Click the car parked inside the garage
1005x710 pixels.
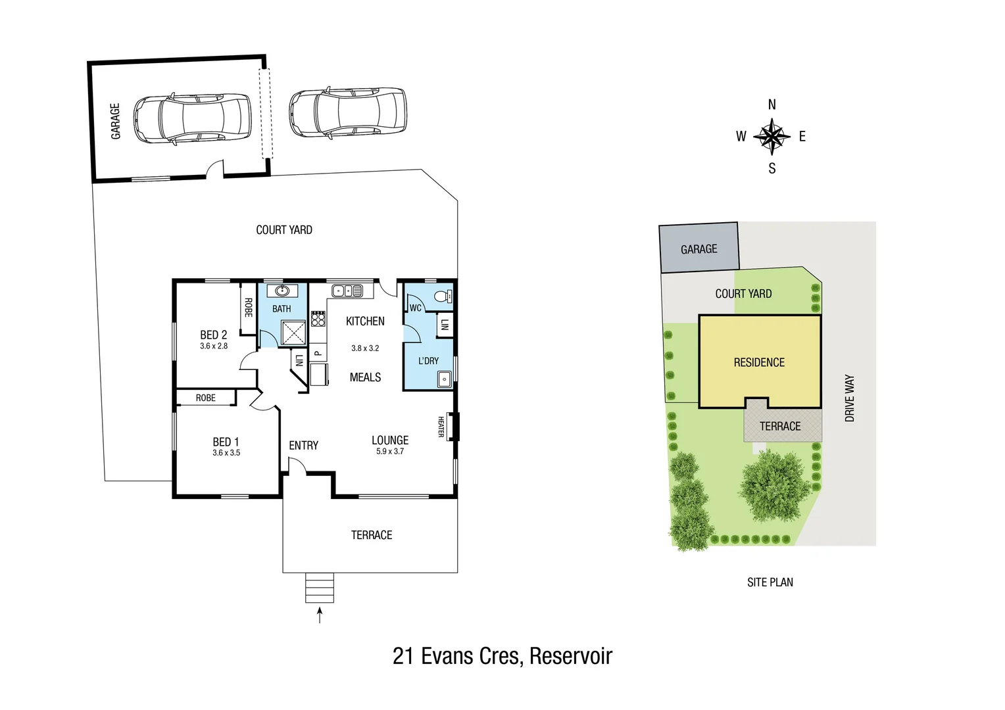[x=192, y=119]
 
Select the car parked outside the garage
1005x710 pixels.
[x=348, y=112]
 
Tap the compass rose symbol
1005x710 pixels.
[x=772, y=137]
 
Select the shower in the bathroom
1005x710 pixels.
[x=293, y=333]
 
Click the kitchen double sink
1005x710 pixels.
[x=347, y=291]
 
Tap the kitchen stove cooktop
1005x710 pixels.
[x=318, y=319]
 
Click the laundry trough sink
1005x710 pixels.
[x=445, y=379]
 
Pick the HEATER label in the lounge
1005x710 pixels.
[x=441, y=427]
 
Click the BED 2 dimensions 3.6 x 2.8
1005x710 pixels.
[x=214, y=346]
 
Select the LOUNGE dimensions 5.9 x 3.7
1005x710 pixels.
[x=390, y=452]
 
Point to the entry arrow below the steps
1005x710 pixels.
[x=320, y=615]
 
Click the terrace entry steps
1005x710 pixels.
[x=320, y=588]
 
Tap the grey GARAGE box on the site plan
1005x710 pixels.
[x=699, y=248]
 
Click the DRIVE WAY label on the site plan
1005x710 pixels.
[x=849, y=398]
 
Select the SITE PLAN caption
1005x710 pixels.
[x=770, y=582]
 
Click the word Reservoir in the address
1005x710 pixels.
[x=570, y=656]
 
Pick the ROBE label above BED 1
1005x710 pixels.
[x=205, y=398]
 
